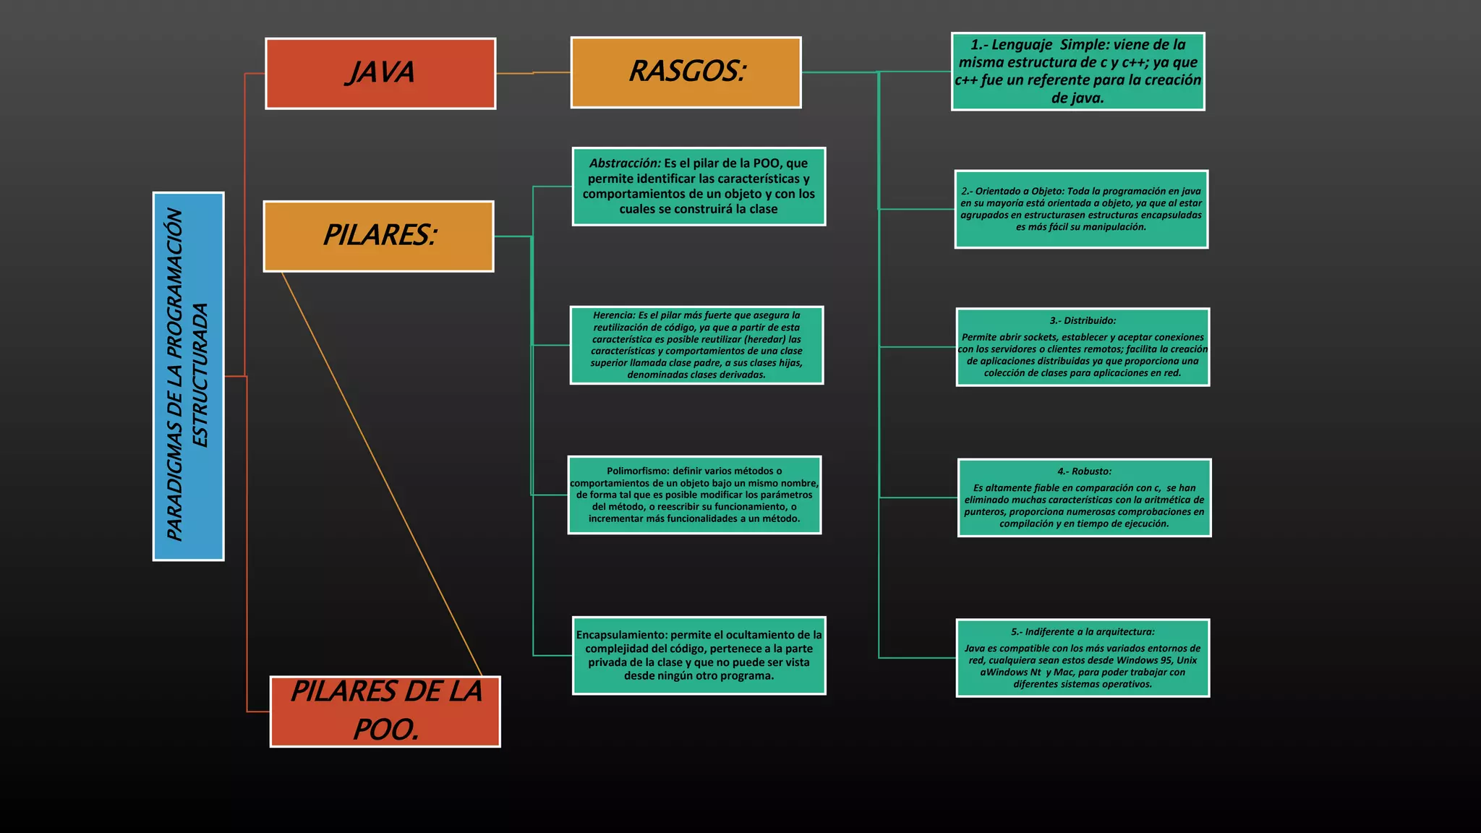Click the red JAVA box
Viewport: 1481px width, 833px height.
(380, 73)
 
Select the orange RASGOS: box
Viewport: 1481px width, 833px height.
(686, 72)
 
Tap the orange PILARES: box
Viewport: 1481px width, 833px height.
(378, 236)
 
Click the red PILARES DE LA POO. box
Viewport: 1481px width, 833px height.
(385, 712)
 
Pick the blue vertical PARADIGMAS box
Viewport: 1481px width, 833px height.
(188, 376)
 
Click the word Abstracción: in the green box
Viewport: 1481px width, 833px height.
(625, 163)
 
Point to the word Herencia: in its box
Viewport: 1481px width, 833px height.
(614, 315)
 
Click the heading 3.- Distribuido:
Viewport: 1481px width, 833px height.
(1083, 320)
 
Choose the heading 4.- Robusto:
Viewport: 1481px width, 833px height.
(1084, 471)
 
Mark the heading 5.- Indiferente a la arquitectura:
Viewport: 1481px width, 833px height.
(1083, 632)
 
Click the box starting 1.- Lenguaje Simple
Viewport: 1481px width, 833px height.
(1077, 72)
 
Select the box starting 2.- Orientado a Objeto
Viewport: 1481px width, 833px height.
(1081, 209)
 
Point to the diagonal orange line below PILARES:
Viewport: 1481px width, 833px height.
(381, 474)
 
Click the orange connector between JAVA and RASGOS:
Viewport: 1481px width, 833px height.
(533, 73)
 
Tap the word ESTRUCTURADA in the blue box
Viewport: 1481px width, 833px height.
(200, 375)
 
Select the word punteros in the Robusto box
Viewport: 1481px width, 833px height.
(984, 512)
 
